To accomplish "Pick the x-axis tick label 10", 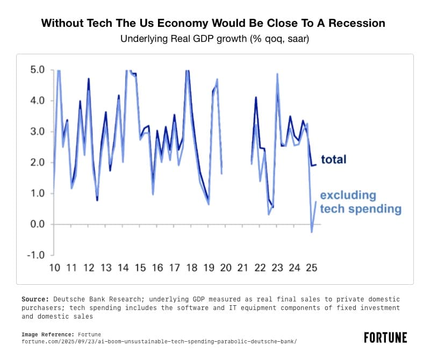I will coord(54,268).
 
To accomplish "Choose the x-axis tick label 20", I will coord(226,268).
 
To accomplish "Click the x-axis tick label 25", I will coord(311,268).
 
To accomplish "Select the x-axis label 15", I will coord(140,268).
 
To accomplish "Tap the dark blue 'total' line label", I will coord(334,159).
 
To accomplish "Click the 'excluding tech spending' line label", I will coord(361,202).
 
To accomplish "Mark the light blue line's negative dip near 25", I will coord(311,232).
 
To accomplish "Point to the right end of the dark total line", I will coord(316,165).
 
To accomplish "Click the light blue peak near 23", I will coord(277,74).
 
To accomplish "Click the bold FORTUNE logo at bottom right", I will coord(385,337).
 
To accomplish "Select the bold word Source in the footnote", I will coord(34,299).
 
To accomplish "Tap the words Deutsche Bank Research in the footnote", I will coord(91,299).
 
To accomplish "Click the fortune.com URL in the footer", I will coord(159,341).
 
